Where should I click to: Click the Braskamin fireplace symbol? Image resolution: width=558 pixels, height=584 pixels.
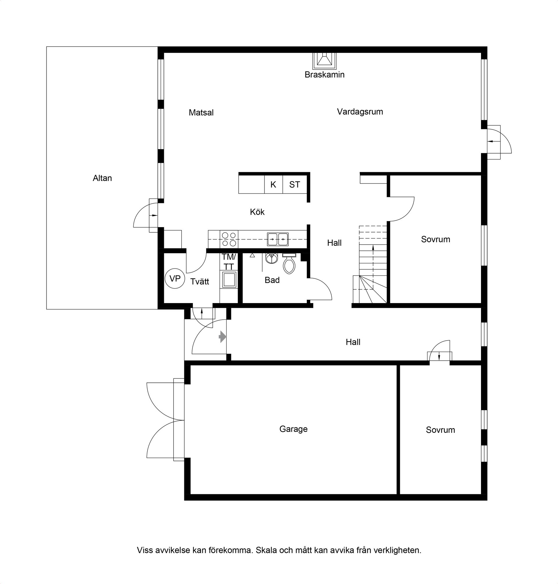click(324, 61)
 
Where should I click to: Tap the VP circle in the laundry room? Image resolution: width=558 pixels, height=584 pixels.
click(175, 278)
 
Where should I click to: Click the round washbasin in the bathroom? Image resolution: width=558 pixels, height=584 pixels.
click(271, 258)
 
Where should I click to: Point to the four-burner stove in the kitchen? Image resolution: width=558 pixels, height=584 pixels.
click(229, 239)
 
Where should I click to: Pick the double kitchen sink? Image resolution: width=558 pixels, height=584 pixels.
click(278, 239)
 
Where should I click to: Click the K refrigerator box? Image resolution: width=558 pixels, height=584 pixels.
click(273, 185)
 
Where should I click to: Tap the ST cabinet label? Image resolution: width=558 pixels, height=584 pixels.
click(294, 185)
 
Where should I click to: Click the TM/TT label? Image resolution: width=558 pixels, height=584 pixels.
click(229, 262)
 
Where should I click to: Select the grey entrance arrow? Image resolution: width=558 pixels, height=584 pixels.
click(223, 337)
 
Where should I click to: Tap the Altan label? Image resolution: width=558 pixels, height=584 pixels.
click(102, 178)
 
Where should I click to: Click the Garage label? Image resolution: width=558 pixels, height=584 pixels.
click(293, 429)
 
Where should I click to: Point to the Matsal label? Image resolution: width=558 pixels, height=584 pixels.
click(201, 113)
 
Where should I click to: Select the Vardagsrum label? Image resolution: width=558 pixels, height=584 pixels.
click(360, 112)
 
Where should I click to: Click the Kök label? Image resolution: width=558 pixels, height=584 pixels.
click(257, 212)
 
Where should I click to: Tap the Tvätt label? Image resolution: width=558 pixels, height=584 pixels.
click(200, 281)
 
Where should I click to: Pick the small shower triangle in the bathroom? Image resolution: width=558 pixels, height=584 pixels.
click(252, 255)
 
